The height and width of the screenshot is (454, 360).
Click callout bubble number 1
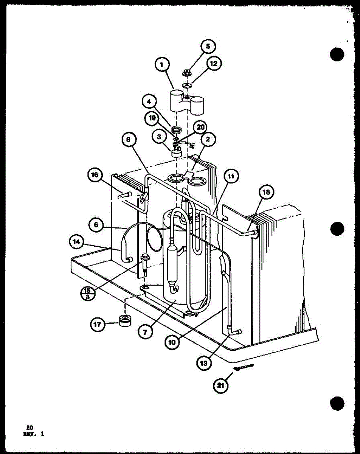coord(162,65)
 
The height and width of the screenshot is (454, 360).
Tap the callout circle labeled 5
coord(208,47)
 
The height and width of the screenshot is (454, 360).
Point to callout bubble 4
coord(150,102)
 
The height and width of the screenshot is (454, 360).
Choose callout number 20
coord(201,127)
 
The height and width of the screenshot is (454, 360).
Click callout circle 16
coord(95,175)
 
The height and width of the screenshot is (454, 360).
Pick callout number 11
coord(231,176)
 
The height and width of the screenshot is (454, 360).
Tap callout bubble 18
coord(267,193)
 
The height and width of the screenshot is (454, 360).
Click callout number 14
coord(77,242)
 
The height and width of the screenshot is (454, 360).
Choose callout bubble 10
coord(172,341)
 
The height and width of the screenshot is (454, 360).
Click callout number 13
coord(204,362)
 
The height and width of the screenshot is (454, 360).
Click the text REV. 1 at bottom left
coord(33,434)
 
